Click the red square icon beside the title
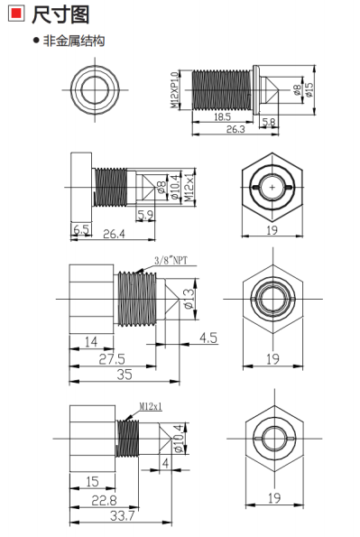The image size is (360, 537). pos(15,14)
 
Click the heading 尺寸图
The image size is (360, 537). pos(60,14)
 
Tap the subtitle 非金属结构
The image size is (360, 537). pos(73,41)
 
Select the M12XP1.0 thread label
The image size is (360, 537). pos(175,89)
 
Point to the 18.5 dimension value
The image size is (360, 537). pos(222,116)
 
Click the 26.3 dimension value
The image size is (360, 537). pos(235,129)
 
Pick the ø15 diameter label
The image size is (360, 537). pos(309,89)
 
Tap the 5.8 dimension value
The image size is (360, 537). pos(269,122)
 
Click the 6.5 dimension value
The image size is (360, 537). pos(81,229)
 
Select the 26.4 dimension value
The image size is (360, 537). pos(114,234)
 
